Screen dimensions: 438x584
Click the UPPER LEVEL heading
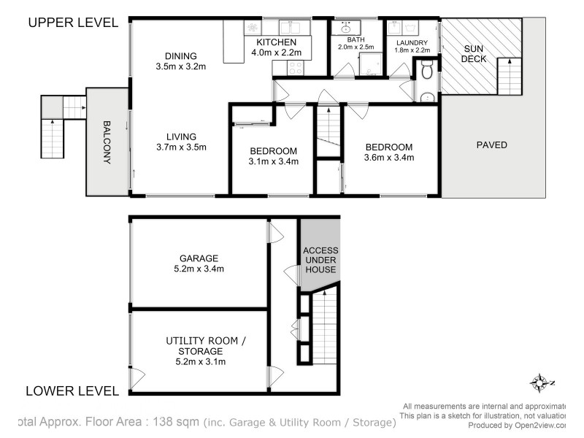72,22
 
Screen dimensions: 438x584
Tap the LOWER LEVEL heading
72,391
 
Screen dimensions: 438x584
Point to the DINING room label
181,55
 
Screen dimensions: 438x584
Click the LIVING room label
181,137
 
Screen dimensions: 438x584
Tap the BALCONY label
107,142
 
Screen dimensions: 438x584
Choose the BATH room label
354,39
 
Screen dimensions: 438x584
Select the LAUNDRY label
412,43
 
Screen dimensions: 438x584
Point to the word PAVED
491,145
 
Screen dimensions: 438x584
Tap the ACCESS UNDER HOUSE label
320,260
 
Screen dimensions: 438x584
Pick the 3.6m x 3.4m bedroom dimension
389,157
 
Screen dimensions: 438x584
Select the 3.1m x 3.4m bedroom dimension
274,161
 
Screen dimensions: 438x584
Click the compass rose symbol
540,383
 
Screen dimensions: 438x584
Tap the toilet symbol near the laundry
428,72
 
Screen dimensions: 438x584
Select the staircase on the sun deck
508,77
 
